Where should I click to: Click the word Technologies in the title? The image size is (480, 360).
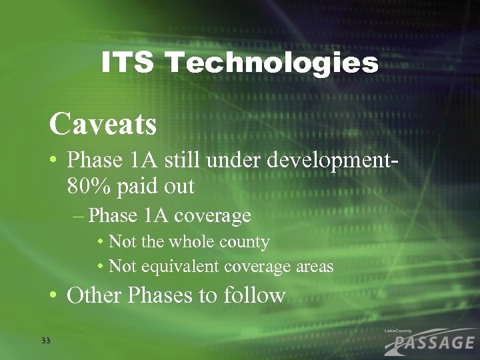(x=272, y=63)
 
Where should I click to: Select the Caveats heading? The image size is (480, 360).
(x=103, y=123)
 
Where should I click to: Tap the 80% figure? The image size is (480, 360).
(x=90, y=186)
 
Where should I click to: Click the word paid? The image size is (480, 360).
(x=139, y=187)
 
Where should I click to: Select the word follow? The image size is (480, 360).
(x=254, y=295)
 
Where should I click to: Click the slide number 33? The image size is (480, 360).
(x=45, y=341)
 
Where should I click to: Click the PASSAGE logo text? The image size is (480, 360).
(x=433, y=343)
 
